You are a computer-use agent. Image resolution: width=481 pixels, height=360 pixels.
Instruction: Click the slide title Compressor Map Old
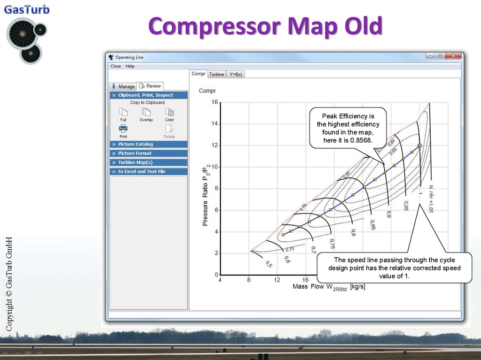coord(265,26)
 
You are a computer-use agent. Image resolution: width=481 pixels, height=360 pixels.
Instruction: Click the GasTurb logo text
coord(27,9)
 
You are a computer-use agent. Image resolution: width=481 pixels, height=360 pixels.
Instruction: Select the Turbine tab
coord(217,74)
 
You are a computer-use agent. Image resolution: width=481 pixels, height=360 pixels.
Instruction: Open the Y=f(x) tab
coord(235,74)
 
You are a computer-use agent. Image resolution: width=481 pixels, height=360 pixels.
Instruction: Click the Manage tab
coord(123,86)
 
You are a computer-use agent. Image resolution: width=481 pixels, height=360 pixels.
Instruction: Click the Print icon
coord(123,129)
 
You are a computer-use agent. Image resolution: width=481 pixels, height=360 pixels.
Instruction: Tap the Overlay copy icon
coord(146,112)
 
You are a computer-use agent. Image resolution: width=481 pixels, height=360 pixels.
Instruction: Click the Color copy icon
coord(170,112)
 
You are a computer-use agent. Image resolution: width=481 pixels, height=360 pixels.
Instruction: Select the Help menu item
coord(130,66)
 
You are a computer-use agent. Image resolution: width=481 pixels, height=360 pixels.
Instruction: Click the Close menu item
coord(116,66)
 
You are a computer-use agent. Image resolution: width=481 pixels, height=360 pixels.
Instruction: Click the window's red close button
coord(453,56)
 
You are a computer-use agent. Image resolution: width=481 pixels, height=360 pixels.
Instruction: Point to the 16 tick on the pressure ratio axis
coord(215,102)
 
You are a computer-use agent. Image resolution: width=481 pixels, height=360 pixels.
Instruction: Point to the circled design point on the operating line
coord(419,146)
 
